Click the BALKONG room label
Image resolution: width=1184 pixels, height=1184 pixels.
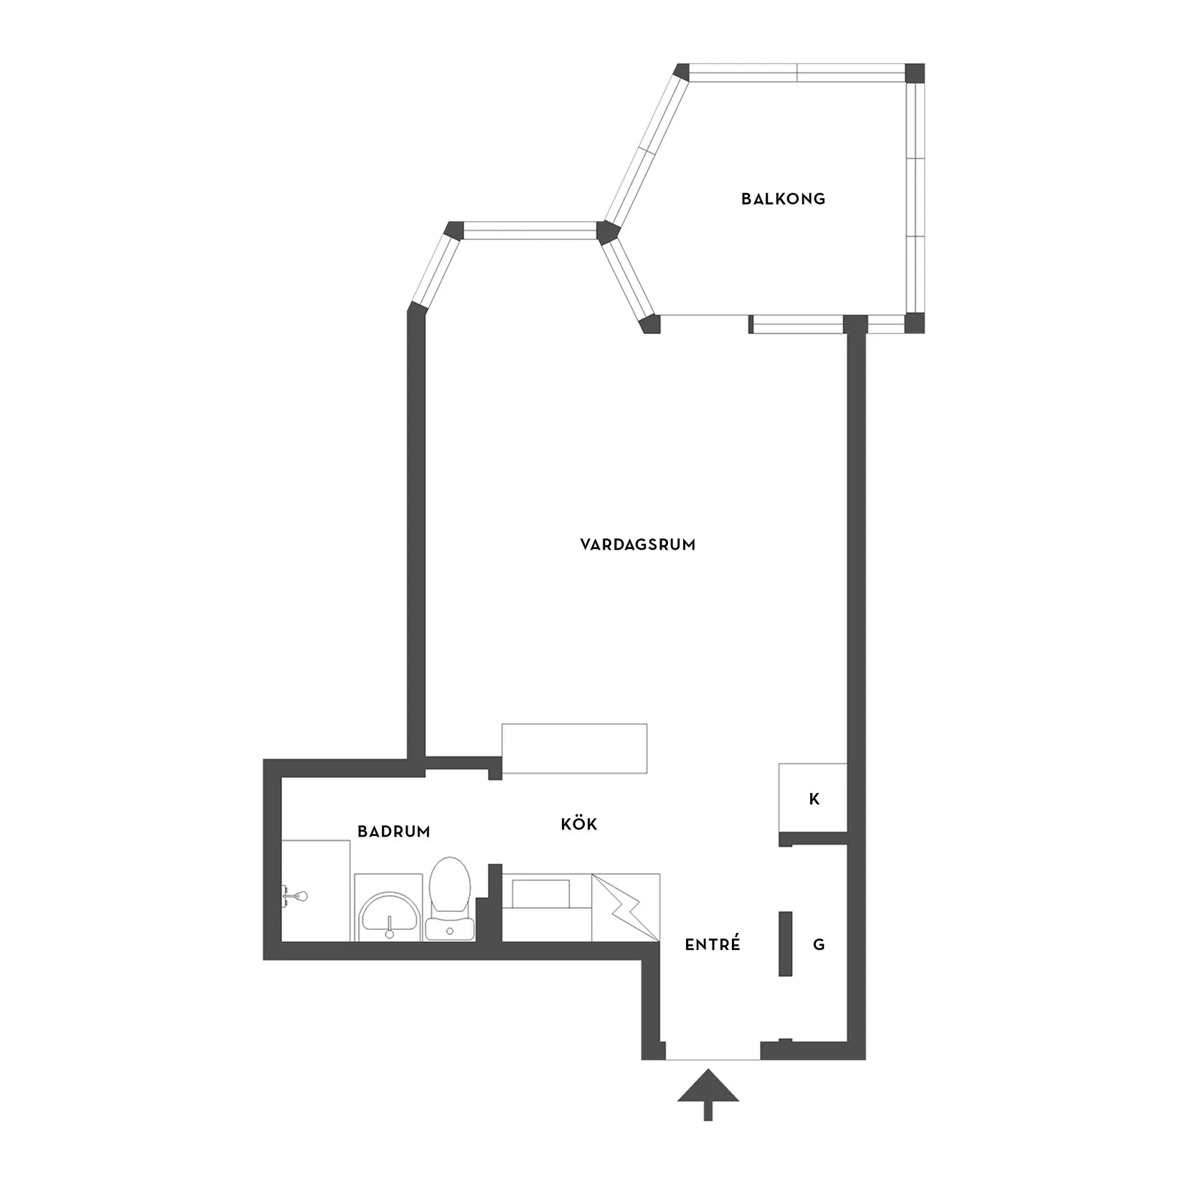[x=784, y=199]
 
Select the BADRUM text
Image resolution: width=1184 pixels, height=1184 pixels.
[x=394, y=832]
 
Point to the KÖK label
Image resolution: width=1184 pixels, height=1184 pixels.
[x=579, y=824]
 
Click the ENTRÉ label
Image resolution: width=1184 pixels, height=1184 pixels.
[x=713, y=944]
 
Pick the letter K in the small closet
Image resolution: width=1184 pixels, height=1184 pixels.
[x=814, y=799]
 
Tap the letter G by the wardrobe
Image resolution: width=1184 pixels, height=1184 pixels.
[x=819, y=944]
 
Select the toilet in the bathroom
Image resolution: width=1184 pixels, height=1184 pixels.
[x=449, y=898]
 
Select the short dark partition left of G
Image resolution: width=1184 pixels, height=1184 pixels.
[x=785, y=944]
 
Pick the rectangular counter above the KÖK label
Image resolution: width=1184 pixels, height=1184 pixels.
[x=574, y=748]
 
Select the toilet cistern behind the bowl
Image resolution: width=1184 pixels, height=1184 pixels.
[x=449, y=929]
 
